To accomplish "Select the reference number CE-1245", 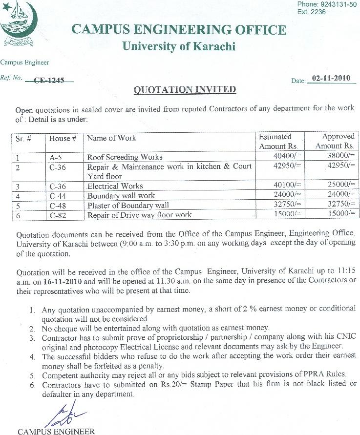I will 49,81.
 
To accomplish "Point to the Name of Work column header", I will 111,138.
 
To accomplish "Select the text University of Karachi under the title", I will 178,47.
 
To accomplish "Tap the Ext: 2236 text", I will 311,12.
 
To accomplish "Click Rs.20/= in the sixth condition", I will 171,384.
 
